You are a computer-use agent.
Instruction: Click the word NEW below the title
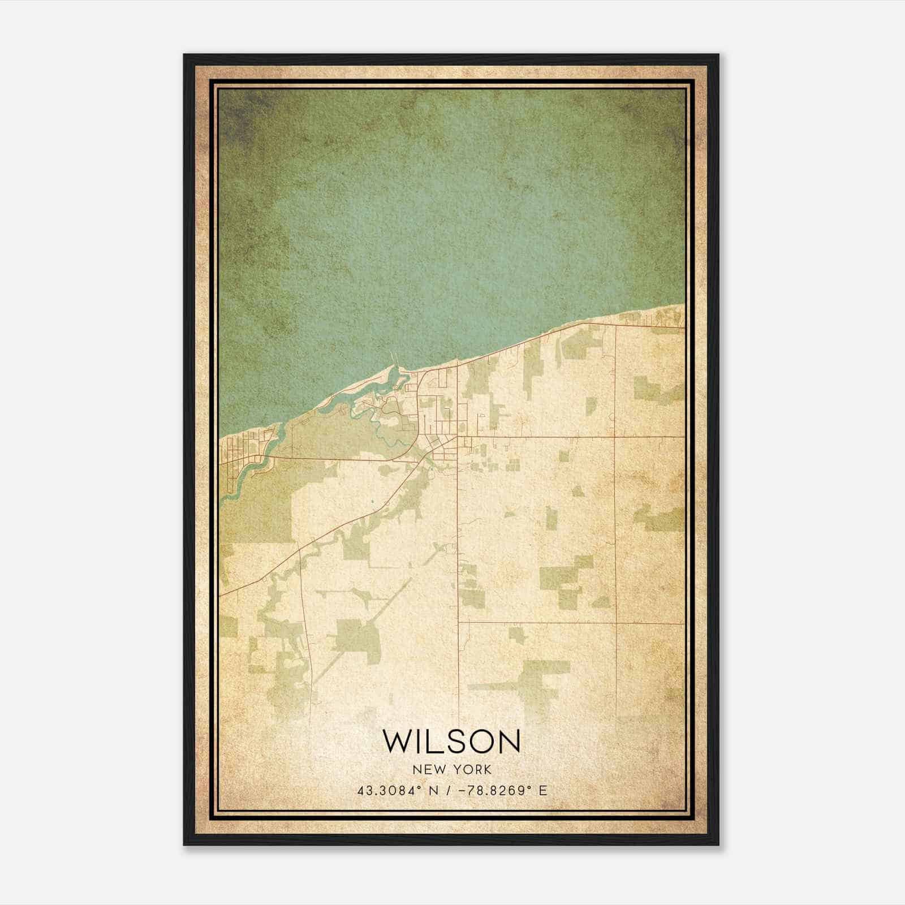tap(424, 769)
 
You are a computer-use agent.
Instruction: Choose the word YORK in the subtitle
tap(471, 769)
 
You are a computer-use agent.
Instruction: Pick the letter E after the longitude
tap(543, 790)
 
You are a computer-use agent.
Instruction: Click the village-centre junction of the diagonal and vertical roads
tap(457, 437)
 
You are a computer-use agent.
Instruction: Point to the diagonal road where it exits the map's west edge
tap(221, 594)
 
